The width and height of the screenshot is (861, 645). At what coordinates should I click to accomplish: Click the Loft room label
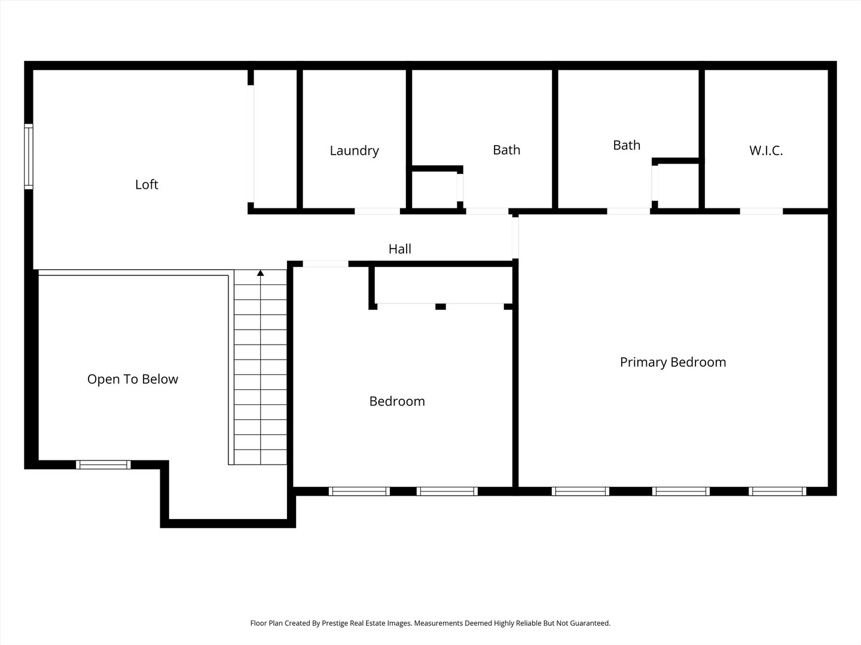146,185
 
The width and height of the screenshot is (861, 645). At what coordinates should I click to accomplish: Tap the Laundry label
354,150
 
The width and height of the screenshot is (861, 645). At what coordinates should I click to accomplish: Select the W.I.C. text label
766,150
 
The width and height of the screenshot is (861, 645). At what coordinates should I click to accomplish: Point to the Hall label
399,249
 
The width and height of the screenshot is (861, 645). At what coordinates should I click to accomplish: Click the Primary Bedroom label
673,362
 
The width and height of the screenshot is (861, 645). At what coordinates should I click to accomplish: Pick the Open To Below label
132,379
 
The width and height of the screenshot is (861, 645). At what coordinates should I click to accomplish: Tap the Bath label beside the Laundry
506,150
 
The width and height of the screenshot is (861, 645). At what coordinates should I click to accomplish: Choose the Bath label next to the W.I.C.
626,145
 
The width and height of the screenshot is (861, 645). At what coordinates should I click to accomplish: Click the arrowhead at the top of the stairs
260,274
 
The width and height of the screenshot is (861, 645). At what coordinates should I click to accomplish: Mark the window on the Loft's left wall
28,156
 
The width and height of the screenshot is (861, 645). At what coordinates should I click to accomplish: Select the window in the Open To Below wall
103,465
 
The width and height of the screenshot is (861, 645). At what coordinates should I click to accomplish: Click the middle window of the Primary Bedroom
681,492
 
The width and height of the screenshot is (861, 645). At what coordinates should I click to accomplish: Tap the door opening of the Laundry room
377,211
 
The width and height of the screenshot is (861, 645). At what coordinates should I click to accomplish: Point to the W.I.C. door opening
761,211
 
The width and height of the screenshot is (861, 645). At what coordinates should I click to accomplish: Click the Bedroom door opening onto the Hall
325,264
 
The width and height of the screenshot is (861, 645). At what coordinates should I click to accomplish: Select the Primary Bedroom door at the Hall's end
515,237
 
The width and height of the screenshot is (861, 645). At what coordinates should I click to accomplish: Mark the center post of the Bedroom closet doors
441,306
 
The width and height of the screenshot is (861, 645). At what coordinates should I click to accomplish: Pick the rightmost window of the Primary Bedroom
777,492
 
